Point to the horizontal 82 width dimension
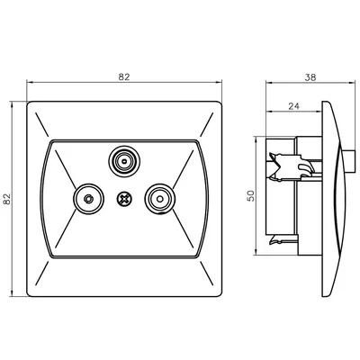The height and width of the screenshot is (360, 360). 124,78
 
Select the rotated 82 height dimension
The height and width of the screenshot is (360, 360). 8,197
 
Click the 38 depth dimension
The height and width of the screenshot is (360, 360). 310,78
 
